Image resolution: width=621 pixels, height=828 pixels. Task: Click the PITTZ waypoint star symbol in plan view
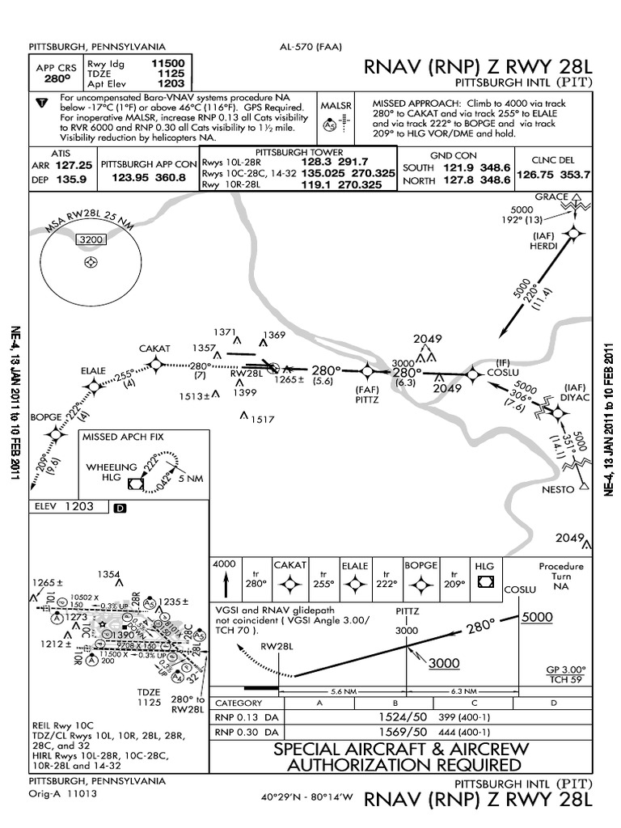click(x=367, y=371)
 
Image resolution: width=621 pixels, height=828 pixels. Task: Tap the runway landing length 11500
click(x=167, y=62)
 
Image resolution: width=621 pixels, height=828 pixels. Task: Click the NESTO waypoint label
click(x=557, y=490)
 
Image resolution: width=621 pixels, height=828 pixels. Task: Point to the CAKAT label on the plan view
click(x=154, y=349)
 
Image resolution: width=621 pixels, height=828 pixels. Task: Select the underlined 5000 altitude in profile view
click(x=536, y=617)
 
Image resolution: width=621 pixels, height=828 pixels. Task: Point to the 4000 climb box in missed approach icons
click(x=224, y=564)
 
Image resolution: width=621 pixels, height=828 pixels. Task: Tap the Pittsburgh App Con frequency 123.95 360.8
click(x=148, y=176)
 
